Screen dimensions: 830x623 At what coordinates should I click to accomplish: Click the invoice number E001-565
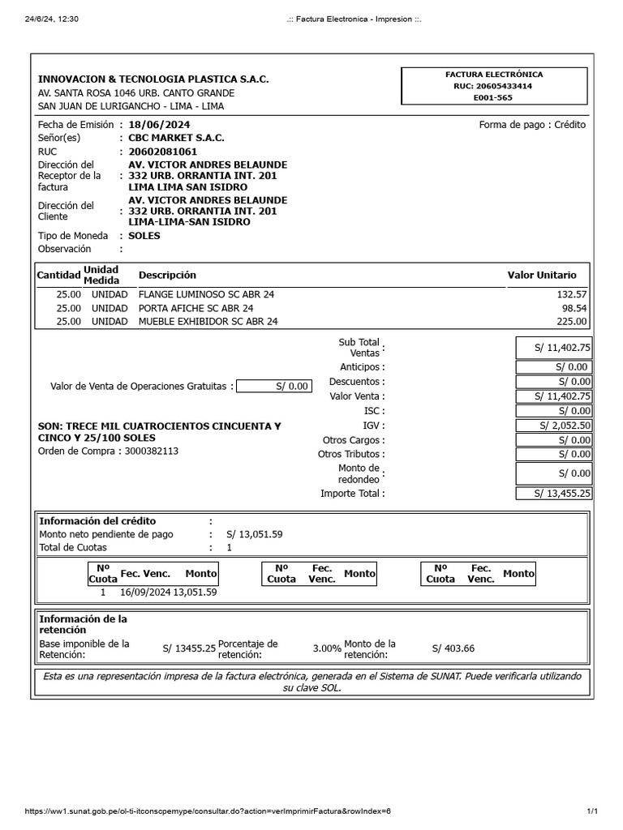tap(493, 97)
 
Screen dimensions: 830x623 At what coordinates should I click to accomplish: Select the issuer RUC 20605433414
tap(493, 85)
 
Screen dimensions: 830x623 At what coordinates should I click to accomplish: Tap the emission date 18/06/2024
tap(159, 125)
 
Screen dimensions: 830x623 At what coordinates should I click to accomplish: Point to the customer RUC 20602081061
tap(162, 152)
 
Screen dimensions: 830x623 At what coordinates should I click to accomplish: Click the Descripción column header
tap(167, 275)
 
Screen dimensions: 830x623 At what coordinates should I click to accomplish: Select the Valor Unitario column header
tap(542, 275)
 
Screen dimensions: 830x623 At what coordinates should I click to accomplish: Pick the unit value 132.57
tap(572, 294)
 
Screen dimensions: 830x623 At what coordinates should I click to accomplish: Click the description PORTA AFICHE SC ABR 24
tap(195, 308)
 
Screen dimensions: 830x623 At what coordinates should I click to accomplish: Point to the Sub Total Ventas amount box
tap(554, 348)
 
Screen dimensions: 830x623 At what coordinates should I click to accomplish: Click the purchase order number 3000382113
tap(152, 451)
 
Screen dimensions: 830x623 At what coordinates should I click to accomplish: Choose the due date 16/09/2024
tap(144, 593)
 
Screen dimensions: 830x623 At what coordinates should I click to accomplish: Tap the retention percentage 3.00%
tap(327, 648)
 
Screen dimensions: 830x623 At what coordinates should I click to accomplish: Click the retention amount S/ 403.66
tap(453, 648)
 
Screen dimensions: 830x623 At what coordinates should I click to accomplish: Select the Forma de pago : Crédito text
tap(532, 125)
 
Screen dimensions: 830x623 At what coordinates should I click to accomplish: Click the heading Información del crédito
tap(97, 521)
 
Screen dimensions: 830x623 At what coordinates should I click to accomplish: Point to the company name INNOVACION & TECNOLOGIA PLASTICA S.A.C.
tap(153, 79)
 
